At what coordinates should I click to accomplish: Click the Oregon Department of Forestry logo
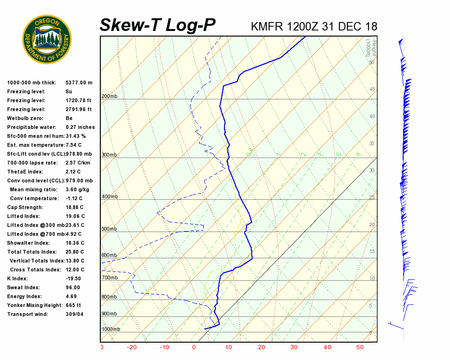tap(47, 39)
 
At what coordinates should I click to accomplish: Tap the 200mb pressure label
tap(109, 97)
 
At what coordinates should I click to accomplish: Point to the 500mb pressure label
tap(109, 229)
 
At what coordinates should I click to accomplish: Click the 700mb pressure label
tap(109, 278)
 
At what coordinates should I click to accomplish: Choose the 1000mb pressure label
tap(111, 329)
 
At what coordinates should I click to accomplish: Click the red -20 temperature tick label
tap(132, 347)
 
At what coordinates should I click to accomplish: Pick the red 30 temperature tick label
tap(293, 347)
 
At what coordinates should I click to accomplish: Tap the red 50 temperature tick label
tap(360, 347)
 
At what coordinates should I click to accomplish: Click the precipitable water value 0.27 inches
tap(80, 127)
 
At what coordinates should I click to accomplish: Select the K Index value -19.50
tap(74, 278)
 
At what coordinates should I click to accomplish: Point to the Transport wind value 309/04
tap(75, 314)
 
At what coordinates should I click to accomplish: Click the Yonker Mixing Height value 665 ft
tap(74, 305)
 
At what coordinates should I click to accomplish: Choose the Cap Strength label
tap(25, 207)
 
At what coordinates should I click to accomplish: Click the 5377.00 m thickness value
tap(79, 82)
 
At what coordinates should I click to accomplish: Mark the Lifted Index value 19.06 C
tap(75, 216)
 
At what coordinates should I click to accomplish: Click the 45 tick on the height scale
tap(372, 90)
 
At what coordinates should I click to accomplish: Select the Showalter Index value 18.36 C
tap(75, 243)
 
